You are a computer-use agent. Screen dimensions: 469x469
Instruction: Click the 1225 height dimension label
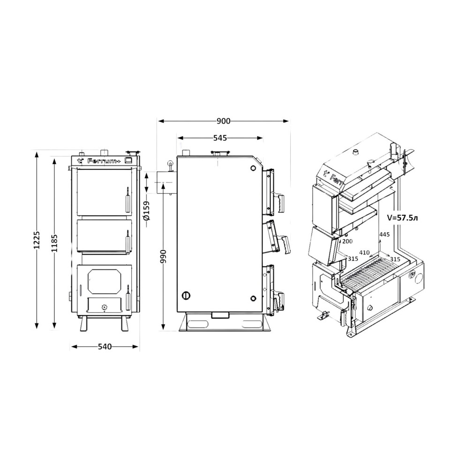click(x=37, y=240)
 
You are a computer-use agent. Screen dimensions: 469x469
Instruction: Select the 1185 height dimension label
click(x=54, y=244)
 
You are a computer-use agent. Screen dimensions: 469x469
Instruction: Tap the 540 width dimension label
click(x=105, y=347)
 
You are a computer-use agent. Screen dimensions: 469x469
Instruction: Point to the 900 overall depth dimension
click(x=224, y=121)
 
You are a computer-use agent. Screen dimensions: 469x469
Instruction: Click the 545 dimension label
click(x=220, y=138)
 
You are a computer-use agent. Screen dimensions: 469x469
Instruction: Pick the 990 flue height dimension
click(x=163, y=257)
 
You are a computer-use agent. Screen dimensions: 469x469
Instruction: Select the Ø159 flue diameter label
click(x=146, y=211)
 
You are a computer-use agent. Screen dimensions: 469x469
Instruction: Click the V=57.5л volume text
click(x=402, y=218)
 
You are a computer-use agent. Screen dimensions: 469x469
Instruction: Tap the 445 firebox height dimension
click(x=385, y=234)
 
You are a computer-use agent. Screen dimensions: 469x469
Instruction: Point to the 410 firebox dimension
click(x=364, y=253)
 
